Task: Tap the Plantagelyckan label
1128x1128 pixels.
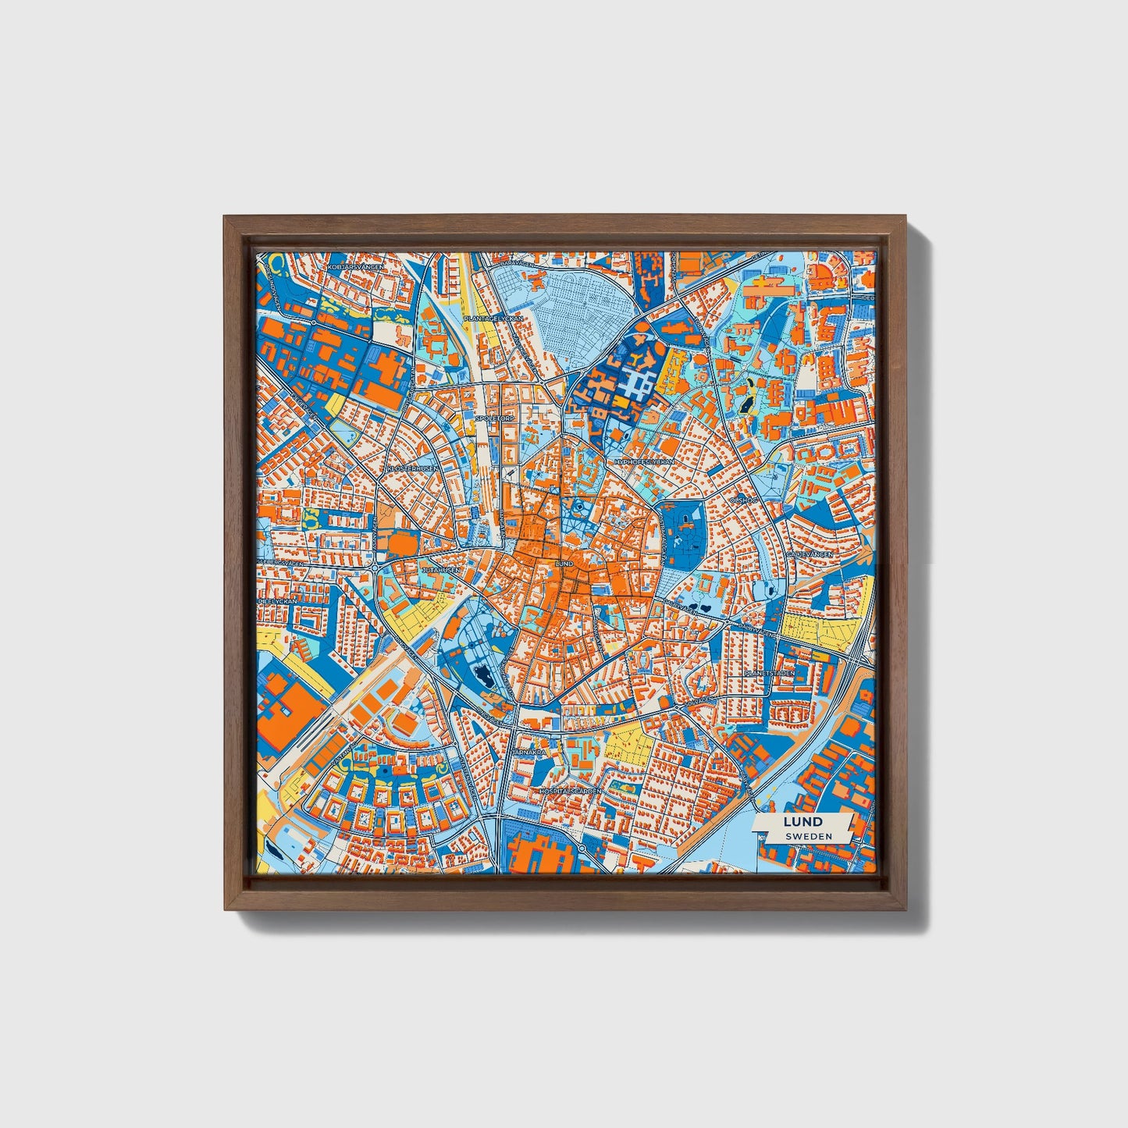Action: (493, 318)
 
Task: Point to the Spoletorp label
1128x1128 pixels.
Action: (489, 418)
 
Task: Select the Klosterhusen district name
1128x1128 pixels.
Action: (407, 468)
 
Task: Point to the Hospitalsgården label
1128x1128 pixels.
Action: (571, 791)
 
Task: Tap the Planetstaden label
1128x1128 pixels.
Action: (768, 672)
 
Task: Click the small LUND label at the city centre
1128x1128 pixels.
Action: (563, 563)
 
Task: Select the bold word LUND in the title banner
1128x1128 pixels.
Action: (802, 821)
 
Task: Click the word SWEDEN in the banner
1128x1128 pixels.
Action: (809, 835)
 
